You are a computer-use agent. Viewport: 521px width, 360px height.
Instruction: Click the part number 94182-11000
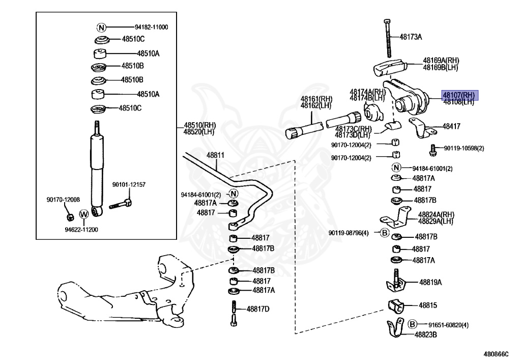tap(152, 27)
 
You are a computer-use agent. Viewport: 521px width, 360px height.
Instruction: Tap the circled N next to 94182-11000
tap(101, 27)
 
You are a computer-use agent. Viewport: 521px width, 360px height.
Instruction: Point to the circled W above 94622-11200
tap(84, 214)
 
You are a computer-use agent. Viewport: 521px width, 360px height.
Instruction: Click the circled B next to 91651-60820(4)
tap(413, 324)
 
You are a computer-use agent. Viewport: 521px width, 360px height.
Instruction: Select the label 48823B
tap(426, 335)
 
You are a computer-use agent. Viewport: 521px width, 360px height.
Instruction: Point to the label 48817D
tap(258, 309)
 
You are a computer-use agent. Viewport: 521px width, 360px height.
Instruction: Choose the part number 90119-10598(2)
tap(464, 148)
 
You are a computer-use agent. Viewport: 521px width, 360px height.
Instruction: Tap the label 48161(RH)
tap(316, 99)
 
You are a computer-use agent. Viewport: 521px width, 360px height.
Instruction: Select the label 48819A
tap(430, 282)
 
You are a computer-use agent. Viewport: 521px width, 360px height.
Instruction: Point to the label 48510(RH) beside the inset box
tap(196, 125)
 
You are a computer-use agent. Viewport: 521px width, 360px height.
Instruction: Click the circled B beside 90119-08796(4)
tap(385, 233)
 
